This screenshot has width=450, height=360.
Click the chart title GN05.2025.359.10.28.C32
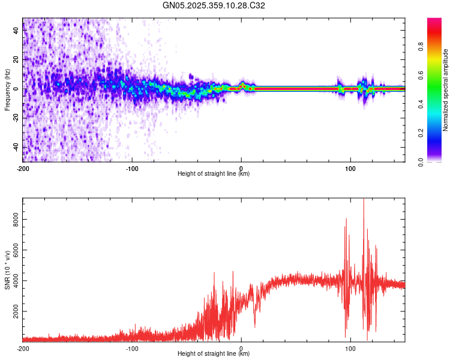tap(214, 5)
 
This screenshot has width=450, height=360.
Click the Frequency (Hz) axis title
tap(7, 89)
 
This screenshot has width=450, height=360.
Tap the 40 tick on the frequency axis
tap(16, 31)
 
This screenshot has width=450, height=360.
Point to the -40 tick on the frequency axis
tap(16, 147)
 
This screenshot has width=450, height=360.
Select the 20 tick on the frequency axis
tap(16, 60)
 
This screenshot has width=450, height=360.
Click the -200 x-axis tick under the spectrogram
tap(23, 168)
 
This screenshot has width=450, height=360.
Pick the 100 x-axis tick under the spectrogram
tap(350, 168)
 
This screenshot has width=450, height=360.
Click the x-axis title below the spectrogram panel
tap(214, 174)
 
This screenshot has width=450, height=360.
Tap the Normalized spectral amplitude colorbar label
tap(446, 90)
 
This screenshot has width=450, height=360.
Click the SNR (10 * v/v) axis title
tap(7, 269)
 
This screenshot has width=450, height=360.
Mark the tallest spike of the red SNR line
tap(364, 200)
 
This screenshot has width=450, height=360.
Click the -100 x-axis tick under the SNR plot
tap(132, 348)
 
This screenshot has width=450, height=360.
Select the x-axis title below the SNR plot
tap(214, 354)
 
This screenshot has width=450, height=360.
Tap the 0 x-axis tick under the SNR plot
tap(241, 348)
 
